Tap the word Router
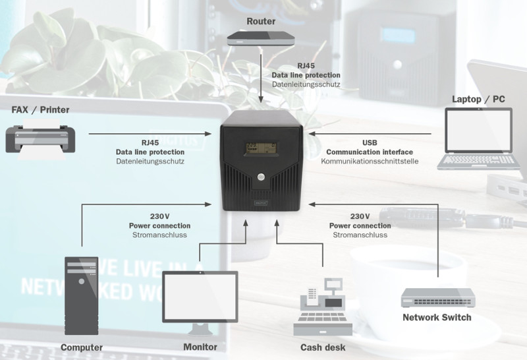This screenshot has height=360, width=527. pos(261,21)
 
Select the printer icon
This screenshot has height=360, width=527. pos(40,139)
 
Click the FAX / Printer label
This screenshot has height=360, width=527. pos(40,109)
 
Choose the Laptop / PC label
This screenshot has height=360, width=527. pos(479,100)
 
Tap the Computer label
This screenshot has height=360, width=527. pos(82,347)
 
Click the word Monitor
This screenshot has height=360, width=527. pos(200,347)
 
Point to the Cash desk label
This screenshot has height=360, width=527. pos(323,347)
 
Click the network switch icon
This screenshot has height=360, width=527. pos(437,300)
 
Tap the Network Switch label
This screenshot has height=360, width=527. pos(437,318)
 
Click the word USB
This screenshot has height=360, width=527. pos(370,142)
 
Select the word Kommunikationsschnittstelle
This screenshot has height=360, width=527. pos(370,161)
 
